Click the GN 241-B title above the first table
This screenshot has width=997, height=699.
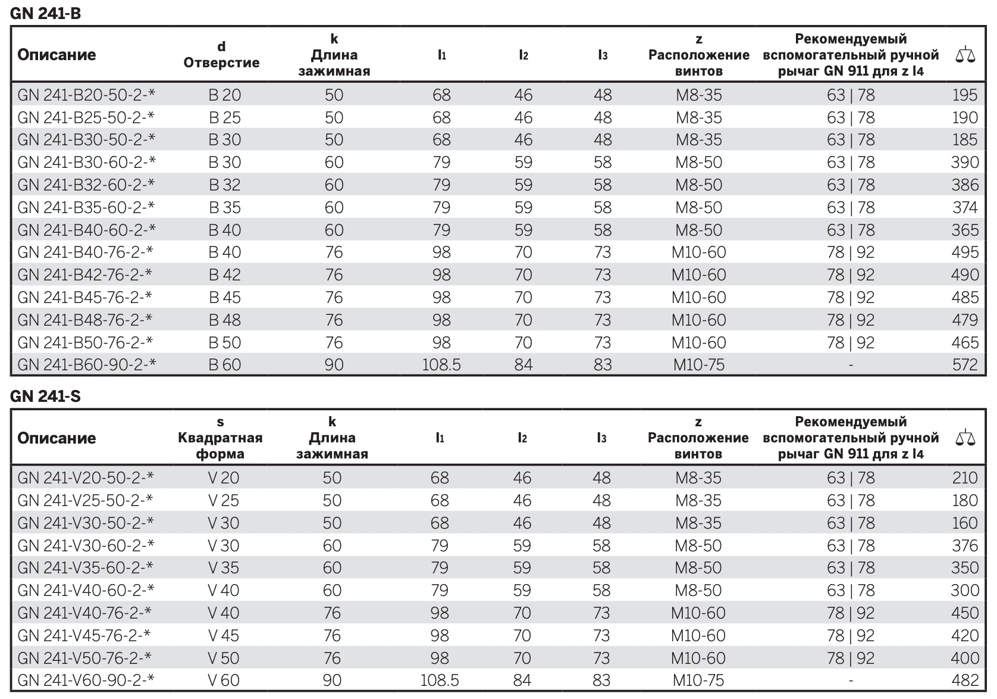pyautogui.click(x=45, y=14)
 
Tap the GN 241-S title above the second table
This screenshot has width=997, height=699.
pyautogui.click(x=45, y=396)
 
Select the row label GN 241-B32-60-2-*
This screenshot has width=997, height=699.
pyautogui.click(x=86, y=185)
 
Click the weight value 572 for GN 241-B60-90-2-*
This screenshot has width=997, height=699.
pyautogui.click(x=965, y=365)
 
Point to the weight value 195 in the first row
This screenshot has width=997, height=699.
pyautogui.click(x=965, y=95)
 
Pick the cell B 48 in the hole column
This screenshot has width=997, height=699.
pyautogui.click(x=225, y=320)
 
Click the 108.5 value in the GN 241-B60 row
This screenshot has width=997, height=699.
pyautogui.click(x=441, y=365)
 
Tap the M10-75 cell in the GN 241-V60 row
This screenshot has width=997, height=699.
pyautogui.click(x=698, y=681)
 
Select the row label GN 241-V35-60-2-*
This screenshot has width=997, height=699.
pyautogui.click(x=86, y=567)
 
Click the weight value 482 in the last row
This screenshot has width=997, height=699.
pyautogui.click(x=965, y=681)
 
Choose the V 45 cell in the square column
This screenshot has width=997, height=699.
pyautogui.click(x=224, y=635)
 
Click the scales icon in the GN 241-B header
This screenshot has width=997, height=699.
pyautogui.click(x=965, y=54)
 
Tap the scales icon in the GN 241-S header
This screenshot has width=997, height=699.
pyautogui.click(x=965, y=438)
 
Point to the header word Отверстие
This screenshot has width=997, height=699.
pyautogui.click(x=222, y=63)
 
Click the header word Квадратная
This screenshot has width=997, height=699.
pyautogui.click(x=220, y=438)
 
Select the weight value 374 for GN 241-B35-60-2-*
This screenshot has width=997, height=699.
pyautogui.click(x=965, y=207)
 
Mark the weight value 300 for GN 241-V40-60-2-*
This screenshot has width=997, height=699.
pyautogui.click(x=965, y=590)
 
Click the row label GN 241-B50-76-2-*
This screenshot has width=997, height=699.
pyautogui.click(x=86, y=342)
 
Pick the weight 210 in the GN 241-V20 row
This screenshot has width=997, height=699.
pyautogui.click(x=965, y=478)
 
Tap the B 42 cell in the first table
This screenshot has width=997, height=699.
pyautogui.click(x=225, y=275)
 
